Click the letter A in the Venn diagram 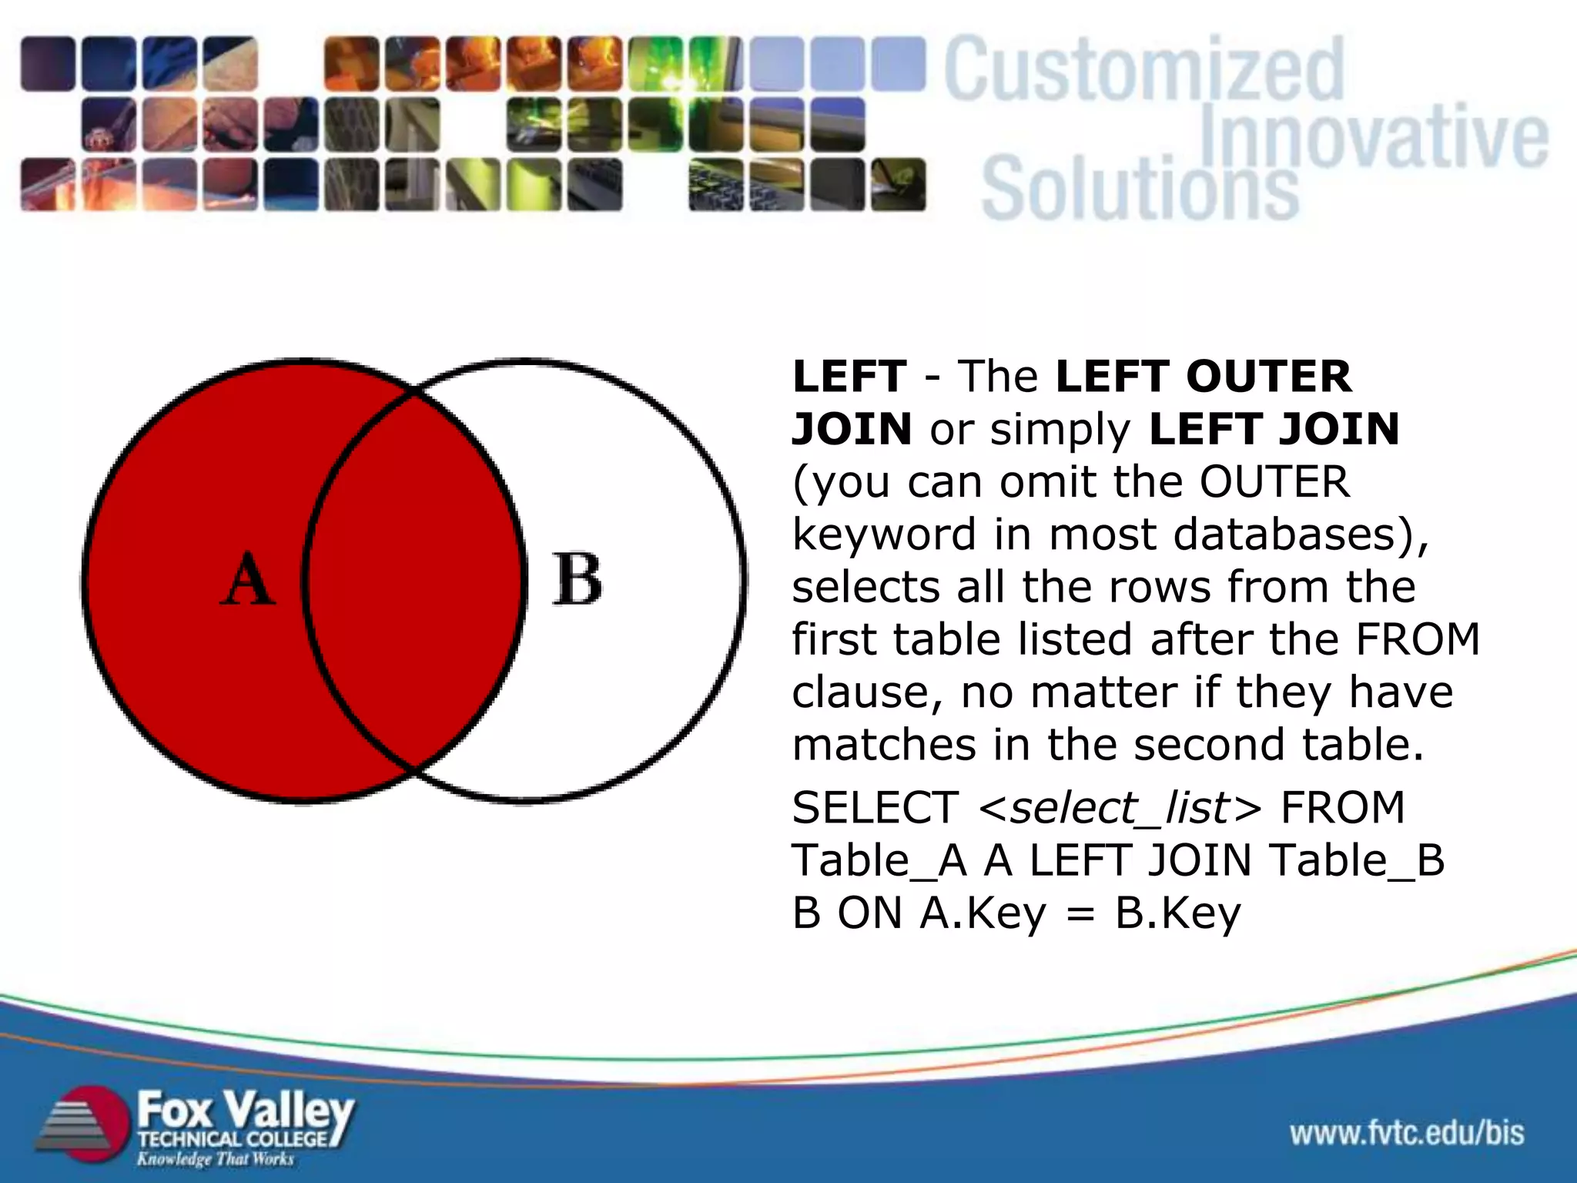pos(248,579)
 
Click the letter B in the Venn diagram pos(577,579)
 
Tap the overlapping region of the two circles pos(414,579)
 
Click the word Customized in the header pos(1143,71)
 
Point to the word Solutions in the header pos(1140,189)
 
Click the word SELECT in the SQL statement pos(875,808)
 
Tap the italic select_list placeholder pos(1120,808)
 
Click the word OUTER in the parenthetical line pos(1274,482)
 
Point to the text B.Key pos(1177,914)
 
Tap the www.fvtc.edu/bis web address pos(1407,1133)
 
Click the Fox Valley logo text pos(245,1111)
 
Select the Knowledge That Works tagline pos(216,1159)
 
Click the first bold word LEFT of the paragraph pos(849,377)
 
